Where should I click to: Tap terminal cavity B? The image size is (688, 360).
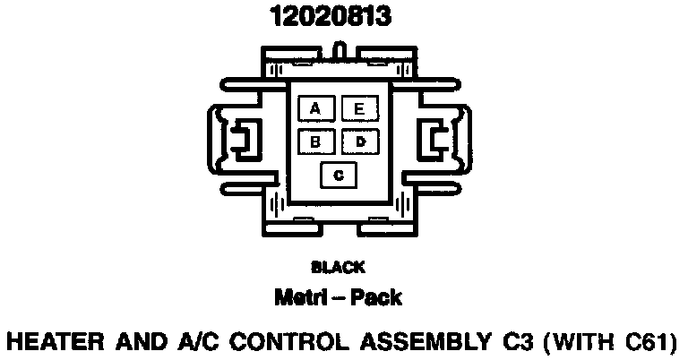[x=315, y=141]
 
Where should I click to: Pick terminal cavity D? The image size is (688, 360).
[x=359, y=141]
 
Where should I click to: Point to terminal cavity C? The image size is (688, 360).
[x=338, y=175]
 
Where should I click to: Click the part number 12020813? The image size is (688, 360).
[x=331, y=17]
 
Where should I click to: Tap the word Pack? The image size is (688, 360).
[x=377, y=296]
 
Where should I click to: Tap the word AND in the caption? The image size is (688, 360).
[x=141, y=341]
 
